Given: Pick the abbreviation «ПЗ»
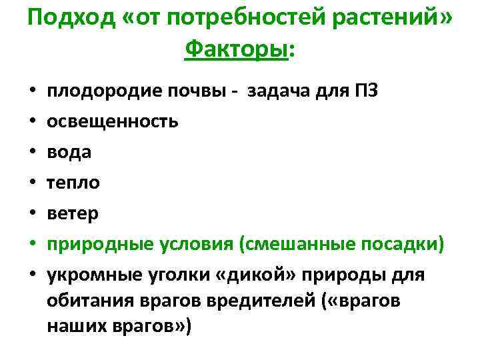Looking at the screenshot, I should pyautogui.click(x=367, y=91).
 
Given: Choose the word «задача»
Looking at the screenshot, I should pyautogui.click(x=275, y=91).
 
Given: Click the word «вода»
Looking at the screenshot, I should pyautogui.click(x=69, y=151).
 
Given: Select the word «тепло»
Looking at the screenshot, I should pyautogui.click(x=73, y=182).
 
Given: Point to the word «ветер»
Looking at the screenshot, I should pyautogui.click(x=73, y=213).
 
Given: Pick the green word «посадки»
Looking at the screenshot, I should pyautogui.click(x=406, y=243).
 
